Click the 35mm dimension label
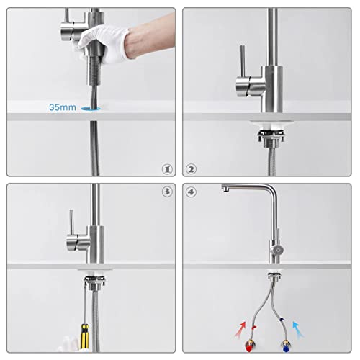[x=63, y=107]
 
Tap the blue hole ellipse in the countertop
[x=91, y=109]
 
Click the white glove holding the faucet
[x=104, y=45]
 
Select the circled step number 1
[x=167, y=169]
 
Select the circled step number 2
[x=191, y=169]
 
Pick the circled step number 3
[x=167, y=192]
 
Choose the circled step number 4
[x=191, y=192]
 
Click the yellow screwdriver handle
[x=84, y=336]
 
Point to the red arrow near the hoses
[x=240, y=330]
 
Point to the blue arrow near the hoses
[x=298, y=329]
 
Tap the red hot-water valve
[x=250, y=346]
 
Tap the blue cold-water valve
[x=286, y=346]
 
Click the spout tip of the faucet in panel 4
[x=225, y=189]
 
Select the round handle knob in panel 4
[x=278, y=250]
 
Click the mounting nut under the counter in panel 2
[x=271, y=139]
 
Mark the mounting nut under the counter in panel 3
[x=95, y=283]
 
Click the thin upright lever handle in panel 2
[x=243, y=61]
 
